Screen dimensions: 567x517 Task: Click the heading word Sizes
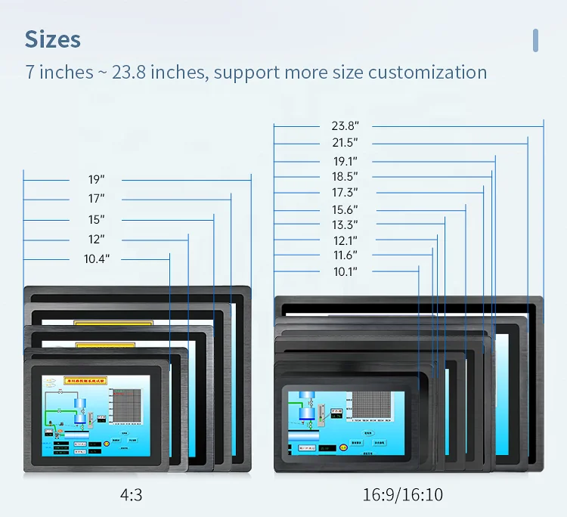[x=52, y=39]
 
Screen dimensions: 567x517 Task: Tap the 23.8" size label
[x=345, y=126]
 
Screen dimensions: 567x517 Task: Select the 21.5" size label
[x=345, y=143]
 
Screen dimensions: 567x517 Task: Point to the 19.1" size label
[x=345, y=161]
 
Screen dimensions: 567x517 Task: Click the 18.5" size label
[x=345, y=177]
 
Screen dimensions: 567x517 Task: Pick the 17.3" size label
[x=345, y=193]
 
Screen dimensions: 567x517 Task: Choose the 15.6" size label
[x=345, y=209]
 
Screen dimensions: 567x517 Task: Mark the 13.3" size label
[x=345, y=224]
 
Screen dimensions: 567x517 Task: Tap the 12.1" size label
[x=345, y=240]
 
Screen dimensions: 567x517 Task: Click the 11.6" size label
[x=345, y=255]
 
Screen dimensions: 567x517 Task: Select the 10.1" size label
[x=345, y=271]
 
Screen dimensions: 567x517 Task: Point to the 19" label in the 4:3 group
[x=96, y=180]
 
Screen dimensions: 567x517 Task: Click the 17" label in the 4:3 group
[x=96, y=199]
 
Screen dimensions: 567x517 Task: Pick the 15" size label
[x=96, y=220]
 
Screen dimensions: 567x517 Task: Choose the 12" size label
[x=96, y=240]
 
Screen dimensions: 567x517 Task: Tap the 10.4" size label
[x=96, y=259]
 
